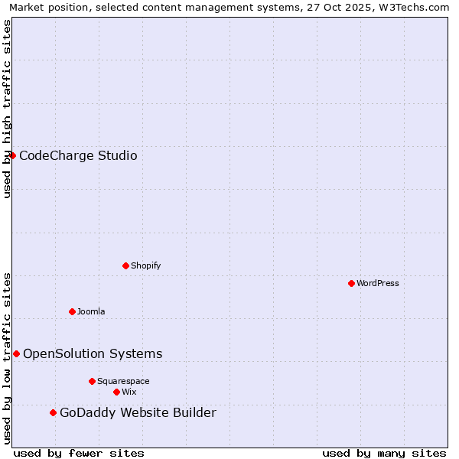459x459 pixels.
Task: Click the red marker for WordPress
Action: [x=351, y=283]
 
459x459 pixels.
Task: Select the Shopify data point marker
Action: [x=125, y=265]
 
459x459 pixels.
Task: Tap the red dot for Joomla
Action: [x=72, y=311]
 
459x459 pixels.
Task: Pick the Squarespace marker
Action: [x=92, y=381]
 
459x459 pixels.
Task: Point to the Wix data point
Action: [x=116, y=392]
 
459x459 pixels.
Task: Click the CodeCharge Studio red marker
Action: [x=12, y=155]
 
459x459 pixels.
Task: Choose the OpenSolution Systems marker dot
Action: [x=16, y=353]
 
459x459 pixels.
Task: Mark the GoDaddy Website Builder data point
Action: [x=53, y=412]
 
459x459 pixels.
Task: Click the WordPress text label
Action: [x=378, y=283]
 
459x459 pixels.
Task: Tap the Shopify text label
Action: [x=146, y=265]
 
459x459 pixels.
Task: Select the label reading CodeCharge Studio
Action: [x=78, y=156]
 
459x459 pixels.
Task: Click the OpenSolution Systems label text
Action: [x=93, y=353]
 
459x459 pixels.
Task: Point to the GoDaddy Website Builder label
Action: [x=138, y=413]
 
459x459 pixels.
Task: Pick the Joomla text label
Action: [x=91, y=311]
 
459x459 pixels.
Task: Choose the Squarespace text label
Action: [x=123, y=381]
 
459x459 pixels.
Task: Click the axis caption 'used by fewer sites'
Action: [x=79, y=453]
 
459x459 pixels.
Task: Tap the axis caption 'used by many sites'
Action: [x=384, y=453]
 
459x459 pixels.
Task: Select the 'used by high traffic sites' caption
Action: [x=7, y=109]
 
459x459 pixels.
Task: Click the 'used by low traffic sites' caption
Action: [x=7, y=358]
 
